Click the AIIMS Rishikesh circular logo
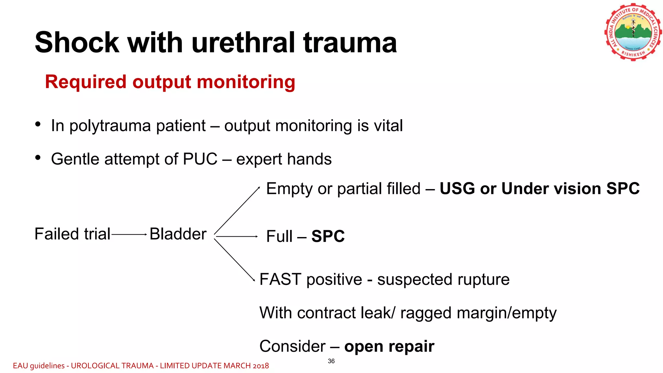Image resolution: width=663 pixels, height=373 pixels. tap(633, 32)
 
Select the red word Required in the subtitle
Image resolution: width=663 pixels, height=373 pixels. tap(85, 82)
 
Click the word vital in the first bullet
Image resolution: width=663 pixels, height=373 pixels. tap(388, 126)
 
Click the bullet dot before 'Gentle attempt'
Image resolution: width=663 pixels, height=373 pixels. tap(38, 158)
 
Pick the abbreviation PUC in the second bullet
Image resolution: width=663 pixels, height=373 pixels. tap(200, 159)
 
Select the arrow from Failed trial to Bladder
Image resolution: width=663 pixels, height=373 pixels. tap(129, 234)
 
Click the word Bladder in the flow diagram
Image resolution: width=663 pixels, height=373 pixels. tap(178, 234)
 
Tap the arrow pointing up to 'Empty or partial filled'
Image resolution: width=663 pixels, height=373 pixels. tap(237, 210)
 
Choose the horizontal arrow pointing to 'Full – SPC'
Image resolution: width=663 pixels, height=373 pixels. tap(236, 237)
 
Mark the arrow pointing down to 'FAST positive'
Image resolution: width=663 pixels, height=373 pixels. tap(235, 260)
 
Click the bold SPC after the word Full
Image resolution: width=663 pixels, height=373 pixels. tap(328, 236)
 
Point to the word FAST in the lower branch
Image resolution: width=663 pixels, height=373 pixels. tap(280, 279)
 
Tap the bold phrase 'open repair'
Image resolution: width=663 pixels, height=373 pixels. tap(389, 346)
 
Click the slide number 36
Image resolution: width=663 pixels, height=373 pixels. tap(331, 361)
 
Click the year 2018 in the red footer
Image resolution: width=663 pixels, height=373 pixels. tap(261, 366)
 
